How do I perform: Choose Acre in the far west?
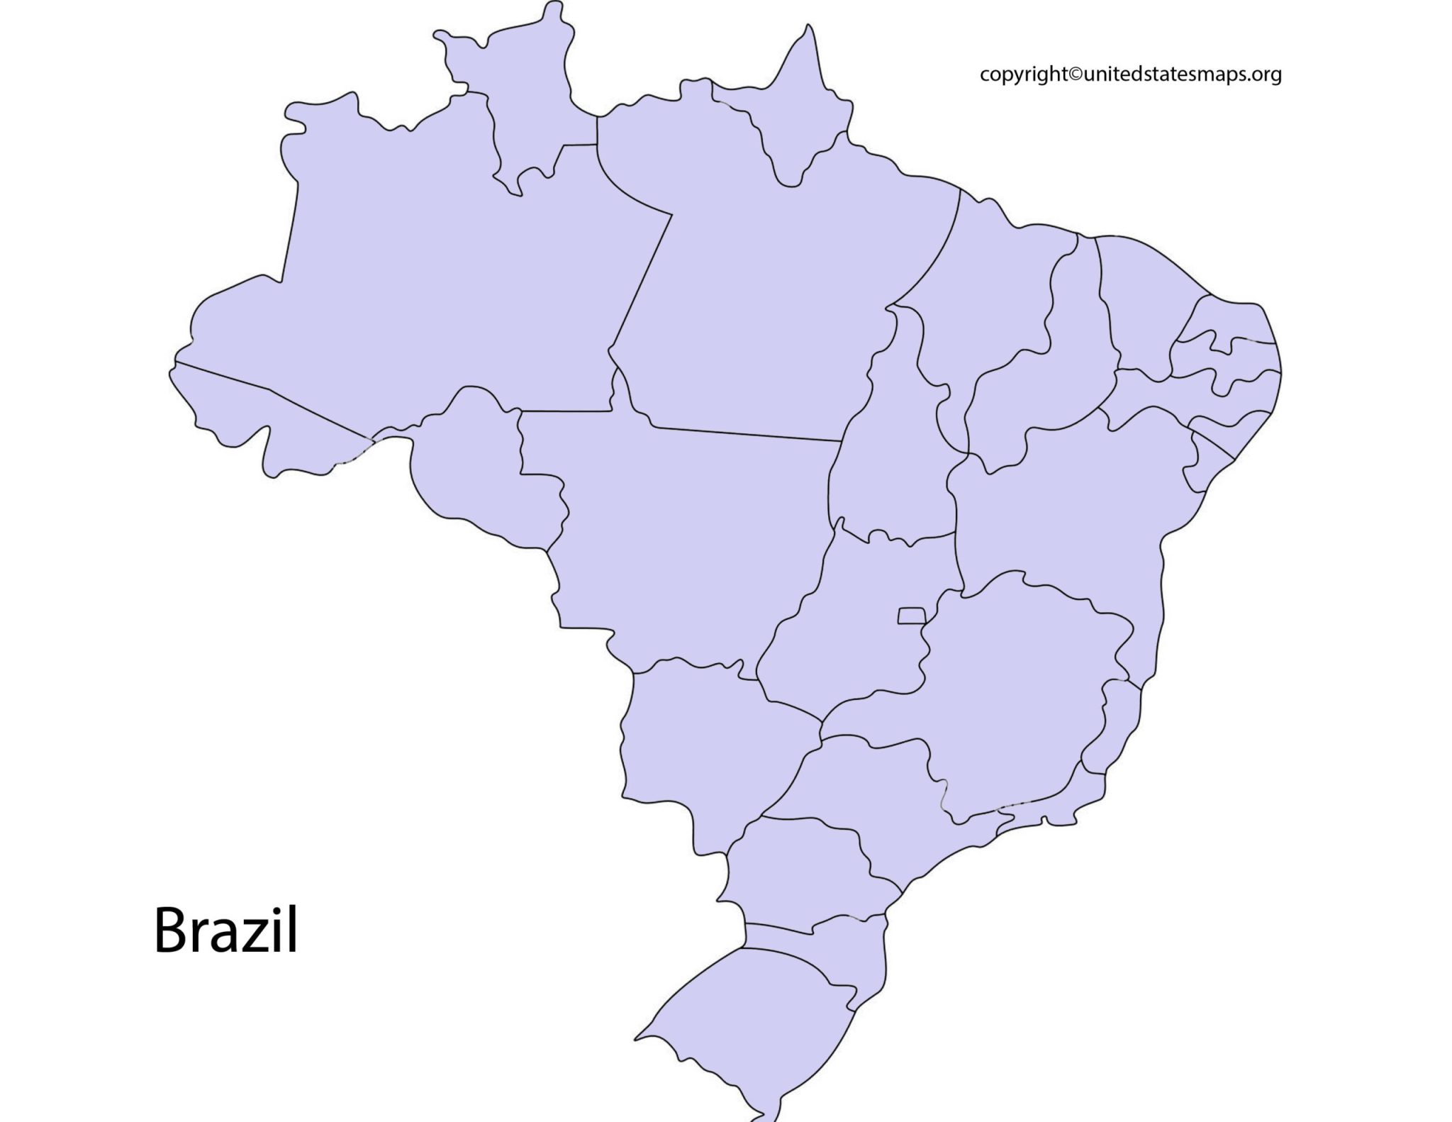(262, 418)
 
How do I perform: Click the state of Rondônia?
(475, 468)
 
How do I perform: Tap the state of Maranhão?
(993, 298)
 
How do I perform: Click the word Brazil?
(225, 931)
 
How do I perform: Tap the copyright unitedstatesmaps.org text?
(1130, 74)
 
